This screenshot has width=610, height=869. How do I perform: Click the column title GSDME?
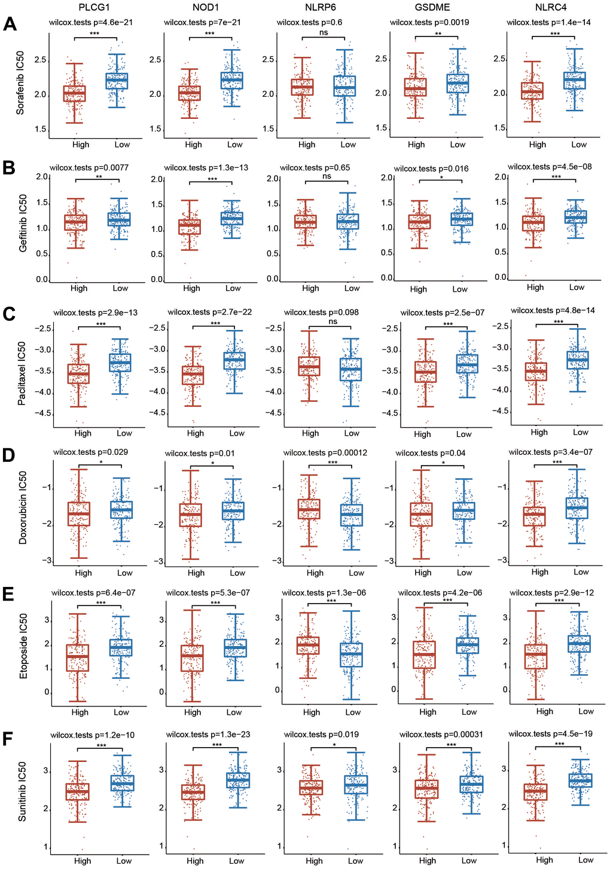(x=432, y=7)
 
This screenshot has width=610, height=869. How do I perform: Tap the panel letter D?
(x=8, y=455)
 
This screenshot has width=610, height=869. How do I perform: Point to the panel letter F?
(x=8, y=739)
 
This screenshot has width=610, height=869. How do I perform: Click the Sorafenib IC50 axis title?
(x=20, y=83)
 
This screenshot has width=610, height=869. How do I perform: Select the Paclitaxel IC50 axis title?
(x=22, y=374)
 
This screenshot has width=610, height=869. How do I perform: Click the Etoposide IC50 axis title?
(x=23, y=645)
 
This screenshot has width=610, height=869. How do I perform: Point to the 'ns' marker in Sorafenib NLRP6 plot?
(x=324, y=32)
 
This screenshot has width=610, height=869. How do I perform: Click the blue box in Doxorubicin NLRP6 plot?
(x=352, y=515)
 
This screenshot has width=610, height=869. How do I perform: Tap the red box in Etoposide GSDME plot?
(x=424, y=654)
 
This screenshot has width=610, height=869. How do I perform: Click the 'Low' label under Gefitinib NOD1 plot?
(x=233, y=288)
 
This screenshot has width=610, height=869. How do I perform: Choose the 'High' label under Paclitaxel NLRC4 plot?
(x=539, y=432)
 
